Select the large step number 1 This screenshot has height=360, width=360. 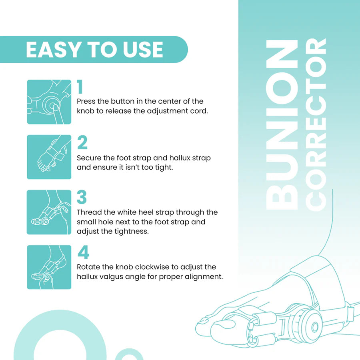pyautogui.click(x=80, y=88)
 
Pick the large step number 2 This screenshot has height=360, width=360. pyautogui.click(x=82, y=143)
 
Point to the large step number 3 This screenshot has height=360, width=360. pyautogui.click(x=82, y=198)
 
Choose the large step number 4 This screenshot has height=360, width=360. pyautogui.click(x=83, y=252)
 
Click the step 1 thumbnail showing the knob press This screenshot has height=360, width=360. pyautogui.click(x=49, y=102)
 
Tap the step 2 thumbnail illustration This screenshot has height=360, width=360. pyautogui.click(x=49, y=157)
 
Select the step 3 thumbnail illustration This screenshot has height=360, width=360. pyautogui.click(x=49, y=212)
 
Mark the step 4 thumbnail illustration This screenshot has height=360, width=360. pyautogui.click(x=49, y=267)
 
